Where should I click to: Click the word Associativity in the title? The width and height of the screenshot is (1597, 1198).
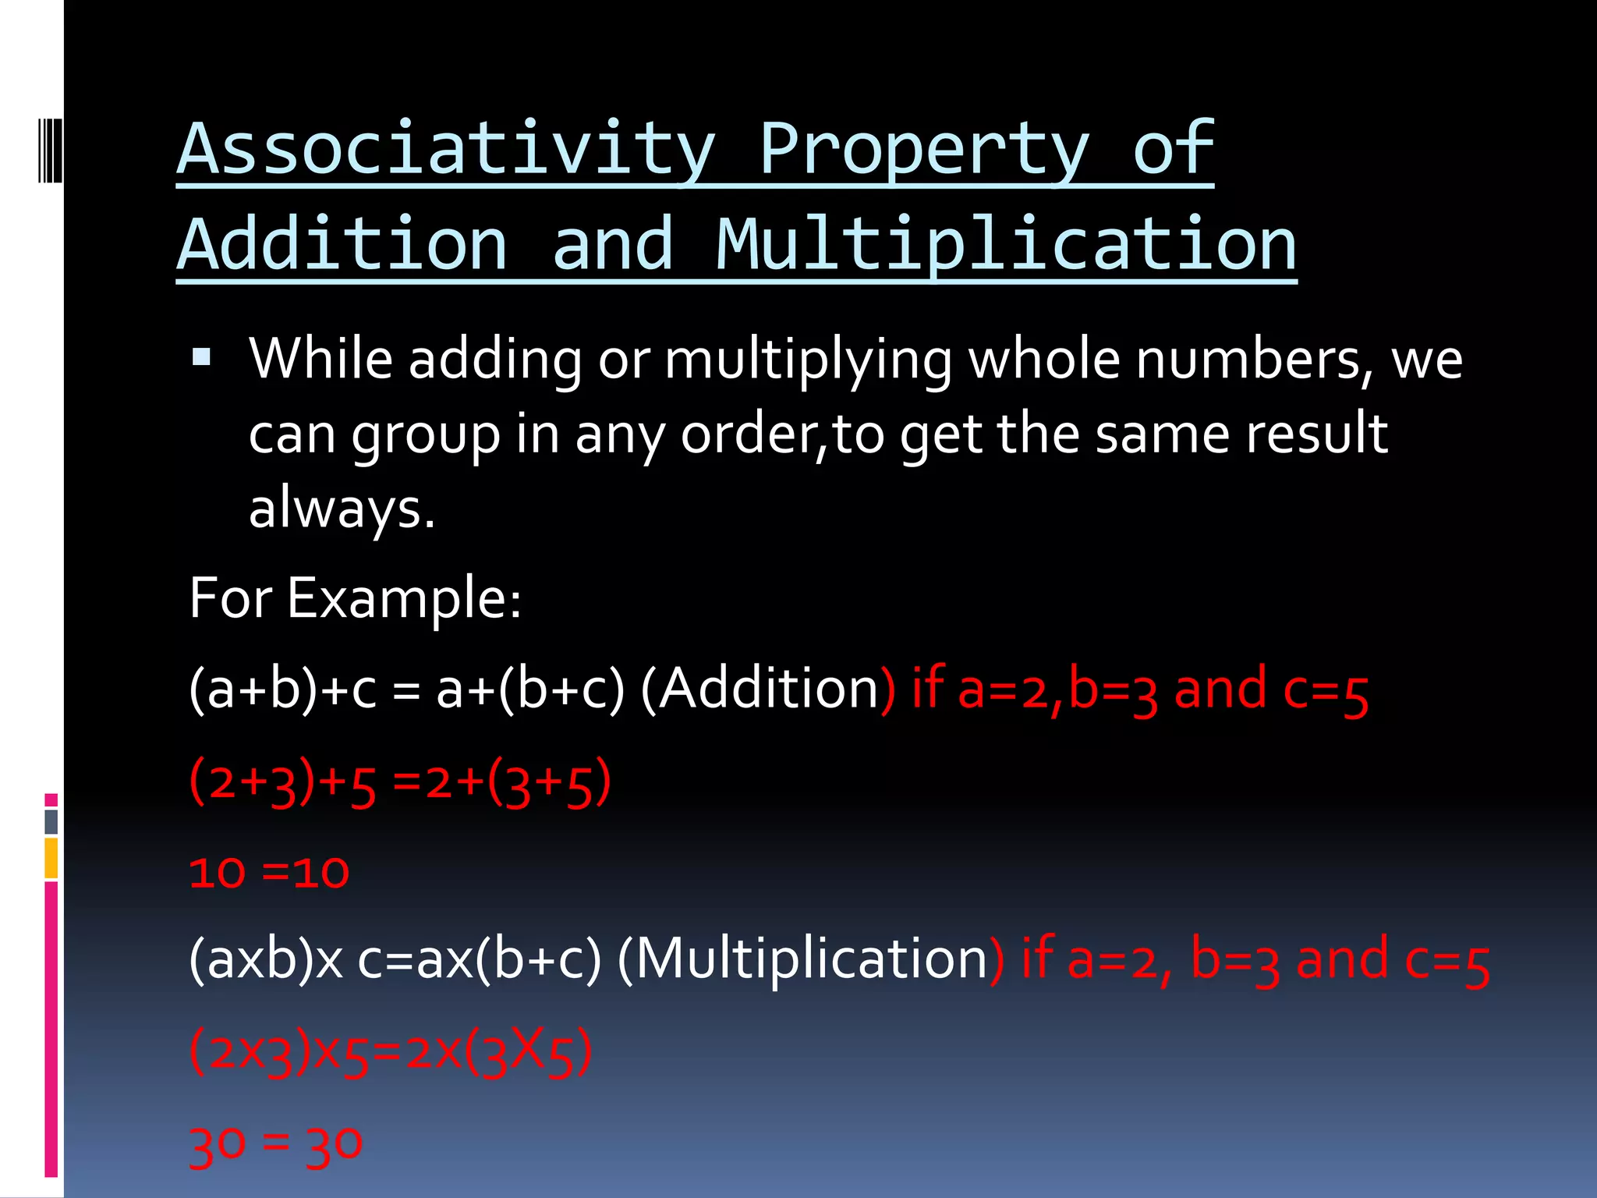pyautogui.click(x=446, y=150)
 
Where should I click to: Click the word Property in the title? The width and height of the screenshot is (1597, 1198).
pyautogui.click(x=923, y=150)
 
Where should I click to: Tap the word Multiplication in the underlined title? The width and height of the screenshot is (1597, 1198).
pyautogui.click(x=1006, y=246)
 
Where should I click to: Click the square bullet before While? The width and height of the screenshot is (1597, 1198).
pyautogui.click(x=201, y=357)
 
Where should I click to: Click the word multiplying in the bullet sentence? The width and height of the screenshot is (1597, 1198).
pyautogui.click(x=808, y=360)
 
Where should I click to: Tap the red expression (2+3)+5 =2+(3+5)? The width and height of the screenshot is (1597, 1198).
pyautogui.click(x=399, y=782)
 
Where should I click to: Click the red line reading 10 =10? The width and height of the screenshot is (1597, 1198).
pyautogui.click(x=269, y=873)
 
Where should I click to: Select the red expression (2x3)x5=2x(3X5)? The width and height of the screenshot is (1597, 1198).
pyautogui.click(x=391, y=1051)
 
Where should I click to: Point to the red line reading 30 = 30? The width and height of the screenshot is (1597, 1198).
pyautogui.click(x=275, y=1144)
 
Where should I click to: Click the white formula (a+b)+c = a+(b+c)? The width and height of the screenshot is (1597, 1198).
pyautogui.click(x=406, y=689)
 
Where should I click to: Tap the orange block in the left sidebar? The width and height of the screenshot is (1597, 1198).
pyautogui.click(x=51, y=858)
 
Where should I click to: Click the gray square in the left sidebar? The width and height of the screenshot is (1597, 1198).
pyautogui.click(x=51, y=821)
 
